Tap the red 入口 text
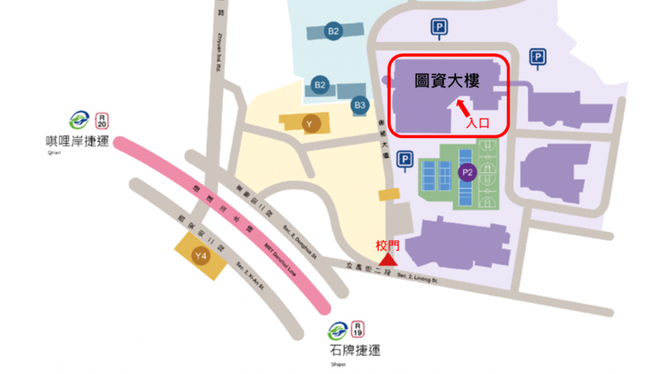pos(476,122)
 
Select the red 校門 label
pos(388,246)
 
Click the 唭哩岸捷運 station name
pos(80,141)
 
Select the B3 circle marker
pos(359,106)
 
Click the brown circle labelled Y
pos(310,125)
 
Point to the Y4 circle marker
pos(200,255)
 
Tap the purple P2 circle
pos(466,173)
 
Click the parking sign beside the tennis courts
pos(405,159)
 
